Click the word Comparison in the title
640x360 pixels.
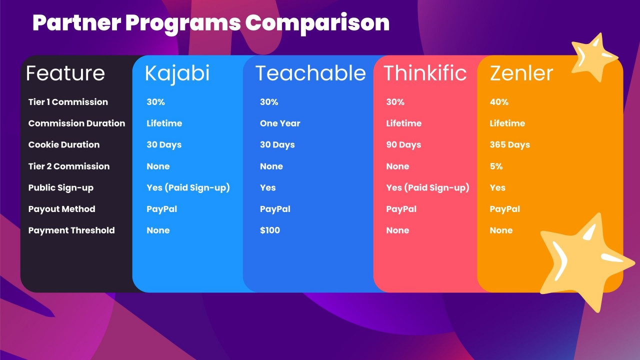click(317, 23)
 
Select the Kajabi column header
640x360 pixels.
click(177, 74)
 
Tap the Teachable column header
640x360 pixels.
click(310, 73)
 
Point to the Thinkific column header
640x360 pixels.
click(425, 73)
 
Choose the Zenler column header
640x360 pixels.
click(521, 73)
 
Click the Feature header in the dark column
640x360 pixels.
click(65, 73)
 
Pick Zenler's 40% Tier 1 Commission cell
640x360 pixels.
click(499, 102)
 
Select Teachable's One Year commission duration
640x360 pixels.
click(280, 123)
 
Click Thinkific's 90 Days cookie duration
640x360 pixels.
click(403, 145)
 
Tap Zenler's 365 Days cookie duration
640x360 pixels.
click(509, 145)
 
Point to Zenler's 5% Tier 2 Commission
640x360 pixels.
click(496, 166)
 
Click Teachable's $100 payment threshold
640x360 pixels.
click(269, 230)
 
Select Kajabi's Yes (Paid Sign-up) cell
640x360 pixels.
click(188, 187)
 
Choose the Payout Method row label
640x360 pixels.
click(61, 209)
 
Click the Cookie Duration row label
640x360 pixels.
click(64, 145)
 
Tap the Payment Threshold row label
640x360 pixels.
click(71, 230)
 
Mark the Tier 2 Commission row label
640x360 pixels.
click(69, 166)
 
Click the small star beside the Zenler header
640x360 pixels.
click(593, 57)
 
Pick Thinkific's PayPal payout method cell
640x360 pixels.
click(401, 209)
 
